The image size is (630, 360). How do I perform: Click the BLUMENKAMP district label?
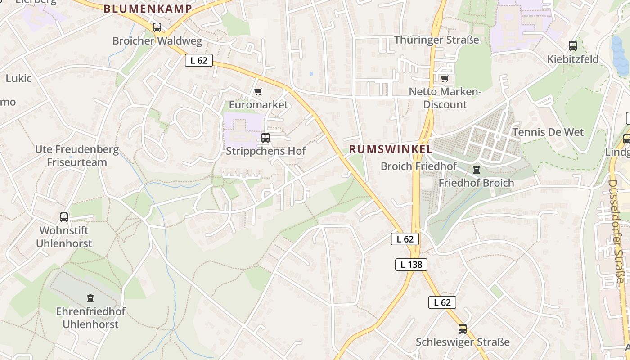[148, 9]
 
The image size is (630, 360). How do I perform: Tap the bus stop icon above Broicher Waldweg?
[157, 27]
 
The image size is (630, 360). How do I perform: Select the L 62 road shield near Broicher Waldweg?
[198, 60]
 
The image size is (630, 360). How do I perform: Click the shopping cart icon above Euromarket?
[258, 92]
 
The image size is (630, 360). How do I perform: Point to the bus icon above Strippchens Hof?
[265, 138]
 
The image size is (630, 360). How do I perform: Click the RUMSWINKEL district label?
[391, 149]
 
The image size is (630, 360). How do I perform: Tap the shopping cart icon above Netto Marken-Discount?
[445, 79]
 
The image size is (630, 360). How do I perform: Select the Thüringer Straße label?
[436, 40]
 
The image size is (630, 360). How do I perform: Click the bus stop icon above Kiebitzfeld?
[572, 46]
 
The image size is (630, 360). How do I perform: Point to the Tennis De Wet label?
[548, 132]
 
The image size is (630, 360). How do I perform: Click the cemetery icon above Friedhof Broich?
[476, 170]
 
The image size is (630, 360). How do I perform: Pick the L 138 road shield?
[411, 265]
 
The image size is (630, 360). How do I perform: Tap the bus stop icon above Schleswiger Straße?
[462, 329]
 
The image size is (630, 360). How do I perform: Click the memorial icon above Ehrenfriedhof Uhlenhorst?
[90, 298]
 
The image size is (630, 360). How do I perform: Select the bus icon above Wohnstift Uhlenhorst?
[64, 217]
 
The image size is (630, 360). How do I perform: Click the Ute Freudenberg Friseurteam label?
[77, 156]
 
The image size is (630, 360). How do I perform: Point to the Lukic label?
[18, 78]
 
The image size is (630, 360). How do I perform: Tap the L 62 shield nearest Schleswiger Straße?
[442, 302]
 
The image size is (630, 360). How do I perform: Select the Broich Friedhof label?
[418, 166]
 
